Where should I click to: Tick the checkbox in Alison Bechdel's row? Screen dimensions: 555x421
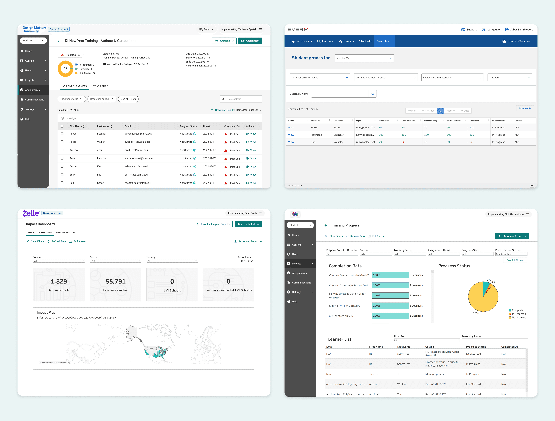tap(62, 134)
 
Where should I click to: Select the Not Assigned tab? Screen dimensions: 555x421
tap(99, 86)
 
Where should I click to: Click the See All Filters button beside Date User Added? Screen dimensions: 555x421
tap(128, 99)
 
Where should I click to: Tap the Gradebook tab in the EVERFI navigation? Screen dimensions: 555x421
tap(384, 41)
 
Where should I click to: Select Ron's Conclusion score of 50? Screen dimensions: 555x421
tap(471, 142)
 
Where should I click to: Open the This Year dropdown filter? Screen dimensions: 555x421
tap(509, 77)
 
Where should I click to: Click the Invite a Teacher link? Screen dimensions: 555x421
tap(516, 41)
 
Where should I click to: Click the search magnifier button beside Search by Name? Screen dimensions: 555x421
tap(373, 94)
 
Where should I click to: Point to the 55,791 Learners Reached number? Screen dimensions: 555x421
tap(115, 281)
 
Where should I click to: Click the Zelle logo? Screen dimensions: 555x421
tap(31, 213)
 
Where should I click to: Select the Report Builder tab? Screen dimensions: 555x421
tap(66, 233)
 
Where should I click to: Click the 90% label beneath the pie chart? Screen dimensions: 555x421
tap(476, 313)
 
